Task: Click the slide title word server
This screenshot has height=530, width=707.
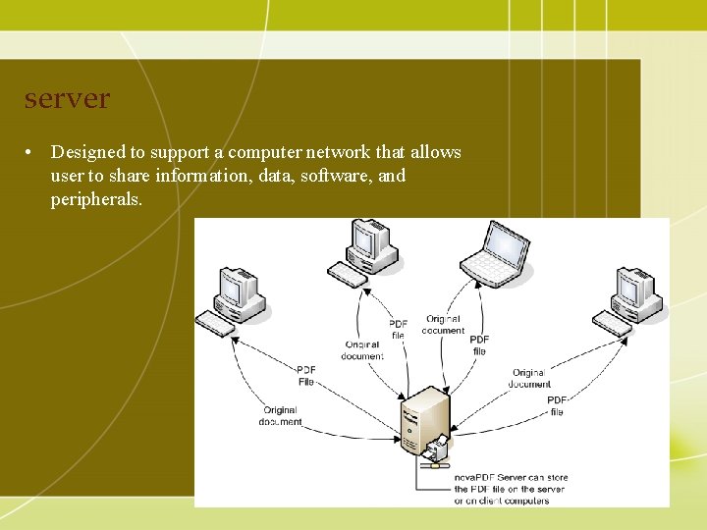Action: (67, 100)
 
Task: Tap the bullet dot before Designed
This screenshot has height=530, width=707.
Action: (31, 152)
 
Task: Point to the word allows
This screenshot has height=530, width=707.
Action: (435, 152)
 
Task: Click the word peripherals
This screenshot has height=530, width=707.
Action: (96, 199)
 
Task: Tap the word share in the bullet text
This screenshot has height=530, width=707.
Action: (135, 176)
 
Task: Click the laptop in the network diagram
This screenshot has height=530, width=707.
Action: (497, 251)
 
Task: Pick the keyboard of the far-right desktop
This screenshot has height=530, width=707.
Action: (611, 323)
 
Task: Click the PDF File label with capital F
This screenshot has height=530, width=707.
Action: (306, 376)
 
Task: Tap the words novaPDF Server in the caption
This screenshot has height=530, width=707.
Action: (488, 477)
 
